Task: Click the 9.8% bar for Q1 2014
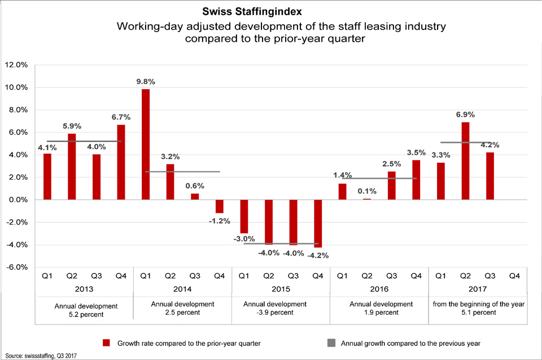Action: point(146,144)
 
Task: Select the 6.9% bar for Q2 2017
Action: point(465,161)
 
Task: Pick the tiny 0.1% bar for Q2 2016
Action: point(368,199)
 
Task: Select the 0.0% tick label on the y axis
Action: point(16,200)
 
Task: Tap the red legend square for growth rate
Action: point(106,343)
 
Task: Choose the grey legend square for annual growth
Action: point(331,343)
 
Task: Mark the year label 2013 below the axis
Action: point(84,289)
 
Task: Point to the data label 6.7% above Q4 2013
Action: point(121,117)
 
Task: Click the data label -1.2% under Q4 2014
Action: point(219,221)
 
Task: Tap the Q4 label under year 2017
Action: point(514,276)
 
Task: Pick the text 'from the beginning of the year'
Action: point(478,304)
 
